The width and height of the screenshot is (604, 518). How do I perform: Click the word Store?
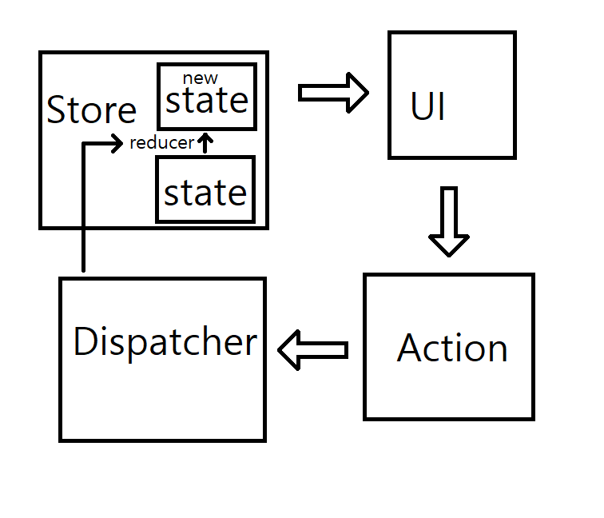click(91, 110)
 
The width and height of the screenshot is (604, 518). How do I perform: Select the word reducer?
click(161, 143)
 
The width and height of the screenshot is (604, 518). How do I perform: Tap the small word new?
click(200, 78)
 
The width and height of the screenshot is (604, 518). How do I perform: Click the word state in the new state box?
click(207, 102)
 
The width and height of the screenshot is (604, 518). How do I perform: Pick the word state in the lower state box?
click(205, 193)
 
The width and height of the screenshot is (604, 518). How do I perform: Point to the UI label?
click(427, 108)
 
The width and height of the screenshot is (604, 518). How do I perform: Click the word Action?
click(452, 348)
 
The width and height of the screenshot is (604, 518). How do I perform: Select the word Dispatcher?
click(165, 342)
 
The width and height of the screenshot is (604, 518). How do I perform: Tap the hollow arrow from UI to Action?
click(449, 221)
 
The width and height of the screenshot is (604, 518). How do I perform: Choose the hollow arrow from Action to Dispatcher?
click(312, 350)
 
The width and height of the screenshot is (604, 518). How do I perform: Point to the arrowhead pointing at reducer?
click(118, 143)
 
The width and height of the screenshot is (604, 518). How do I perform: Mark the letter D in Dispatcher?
click(84, 342)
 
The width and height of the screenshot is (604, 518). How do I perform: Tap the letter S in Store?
click(56, 110)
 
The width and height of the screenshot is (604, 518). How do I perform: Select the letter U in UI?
click(421, 108)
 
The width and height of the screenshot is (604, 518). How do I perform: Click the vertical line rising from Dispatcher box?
click(83, 208)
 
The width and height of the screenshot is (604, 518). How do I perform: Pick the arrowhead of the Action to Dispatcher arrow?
click(289, 350)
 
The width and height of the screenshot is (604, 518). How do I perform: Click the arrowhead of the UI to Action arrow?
click(449, 244)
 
